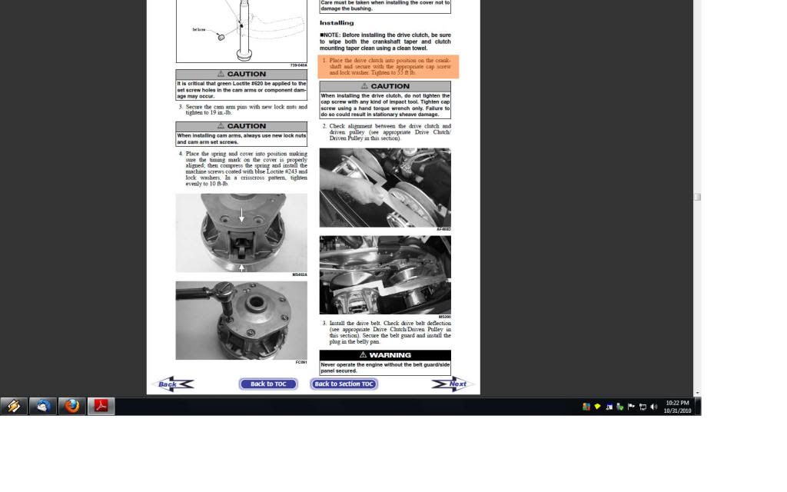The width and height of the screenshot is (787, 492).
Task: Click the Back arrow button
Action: coord(172,384)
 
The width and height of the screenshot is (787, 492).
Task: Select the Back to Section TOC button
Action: coord(344,384)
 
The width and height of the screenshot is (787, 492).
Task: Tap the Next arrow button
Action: coord(453,384)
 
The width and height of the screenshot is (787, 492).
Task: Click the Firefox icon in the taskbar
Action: coord(72,406)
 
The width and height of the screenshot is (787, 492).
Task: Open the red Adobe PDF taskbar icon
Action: coord(101,406)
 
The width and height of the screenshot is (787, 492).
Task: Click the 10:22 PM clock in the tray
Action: coord(677,403)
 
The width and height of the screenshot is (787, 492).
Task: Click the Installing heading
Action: coord(337,23)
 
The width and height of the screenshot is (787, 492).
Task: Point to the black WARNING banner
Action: coord(385,355)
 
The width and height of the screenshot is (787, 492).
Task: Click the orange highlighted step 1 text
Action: coord(388,66)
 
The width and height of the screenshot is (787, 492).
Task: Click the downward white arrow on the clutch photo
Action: coord(241,215)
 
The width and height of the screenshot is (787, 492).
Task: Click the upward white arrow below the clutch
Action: coord(241,267)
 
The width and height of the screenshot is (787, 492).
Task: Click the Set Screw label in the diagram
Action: coord(199,30)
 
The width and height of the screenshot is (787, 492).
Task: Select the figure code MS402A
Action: coord(299,274)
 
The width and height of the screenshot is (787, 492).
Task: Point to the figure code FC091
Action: coord(301,362)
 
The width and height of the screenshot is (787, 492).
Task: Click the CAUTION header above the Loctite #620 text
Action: coord(241,75)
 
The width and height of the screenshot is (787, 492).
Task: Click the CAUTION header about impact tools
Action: coord(385,86)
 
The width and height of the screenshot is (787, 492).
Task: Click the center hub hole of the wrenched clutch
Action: coord(254,317)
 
